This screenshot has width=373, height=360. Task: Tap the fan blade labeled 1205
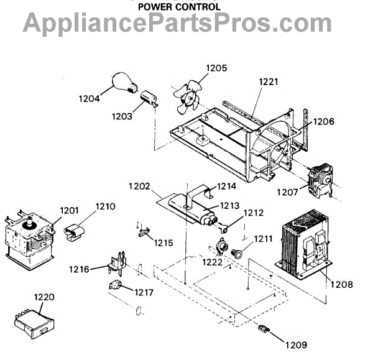coord(186,96)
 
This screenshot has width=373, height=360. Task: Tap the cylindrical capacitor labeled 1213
coord(198,211)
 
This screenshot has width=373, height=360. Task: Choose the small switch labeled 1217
coord(113,286)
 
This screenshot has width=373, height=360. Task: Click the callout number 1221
coord(268,81)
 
